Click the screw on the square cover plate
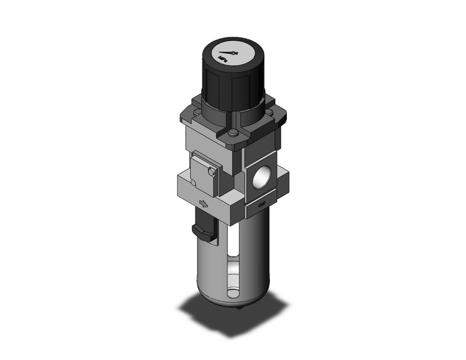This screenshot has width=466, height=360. (212, 175)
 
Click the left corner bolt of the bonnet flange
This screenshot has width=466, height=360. (197, 110)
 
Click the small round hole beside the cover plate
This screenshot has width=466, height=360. (193, 182)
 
